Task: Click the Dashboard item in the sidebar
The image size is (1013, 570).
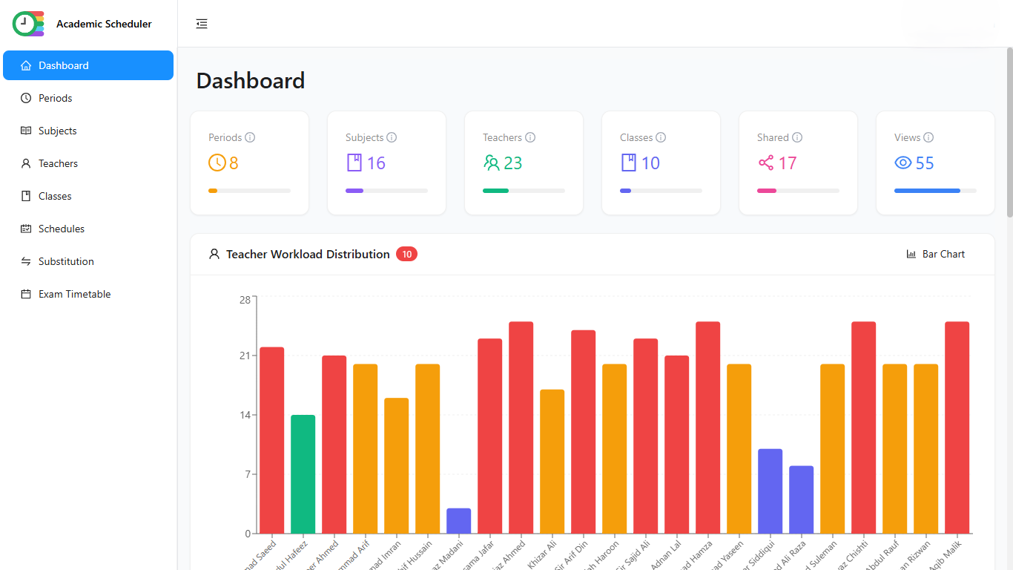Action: click(64, 65)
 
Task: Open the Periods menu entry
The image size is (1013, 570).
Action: click(56, 98)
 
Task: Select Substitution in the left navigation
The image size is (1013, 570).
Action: click(66, 261)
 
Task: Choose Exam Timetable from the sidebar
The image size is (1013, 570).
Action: click(74, 294)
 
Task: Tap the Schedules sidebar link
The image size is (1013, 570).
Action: click(62, 229)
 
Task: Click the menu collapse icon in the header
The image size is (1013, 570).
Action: click(202, 24)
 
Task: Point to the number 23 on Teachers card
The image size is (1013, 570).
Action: click(513, 163)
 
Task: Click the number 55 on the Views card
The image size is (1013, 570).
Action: click(925, 163)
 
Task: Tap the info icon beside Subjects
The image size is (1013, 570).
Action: click(392, 137)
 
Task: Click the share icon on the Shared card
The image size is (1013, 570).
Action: click(766, 163)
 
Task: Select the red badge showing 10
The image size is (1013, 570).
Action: click(406, 254)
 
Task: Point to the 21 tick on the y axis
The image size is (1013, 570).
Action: click(244, 356)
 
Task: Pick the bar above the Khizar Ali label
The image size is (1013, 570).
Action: click(552, 461)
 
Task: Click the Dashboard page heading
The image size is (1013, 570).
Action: click(251, 81)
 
